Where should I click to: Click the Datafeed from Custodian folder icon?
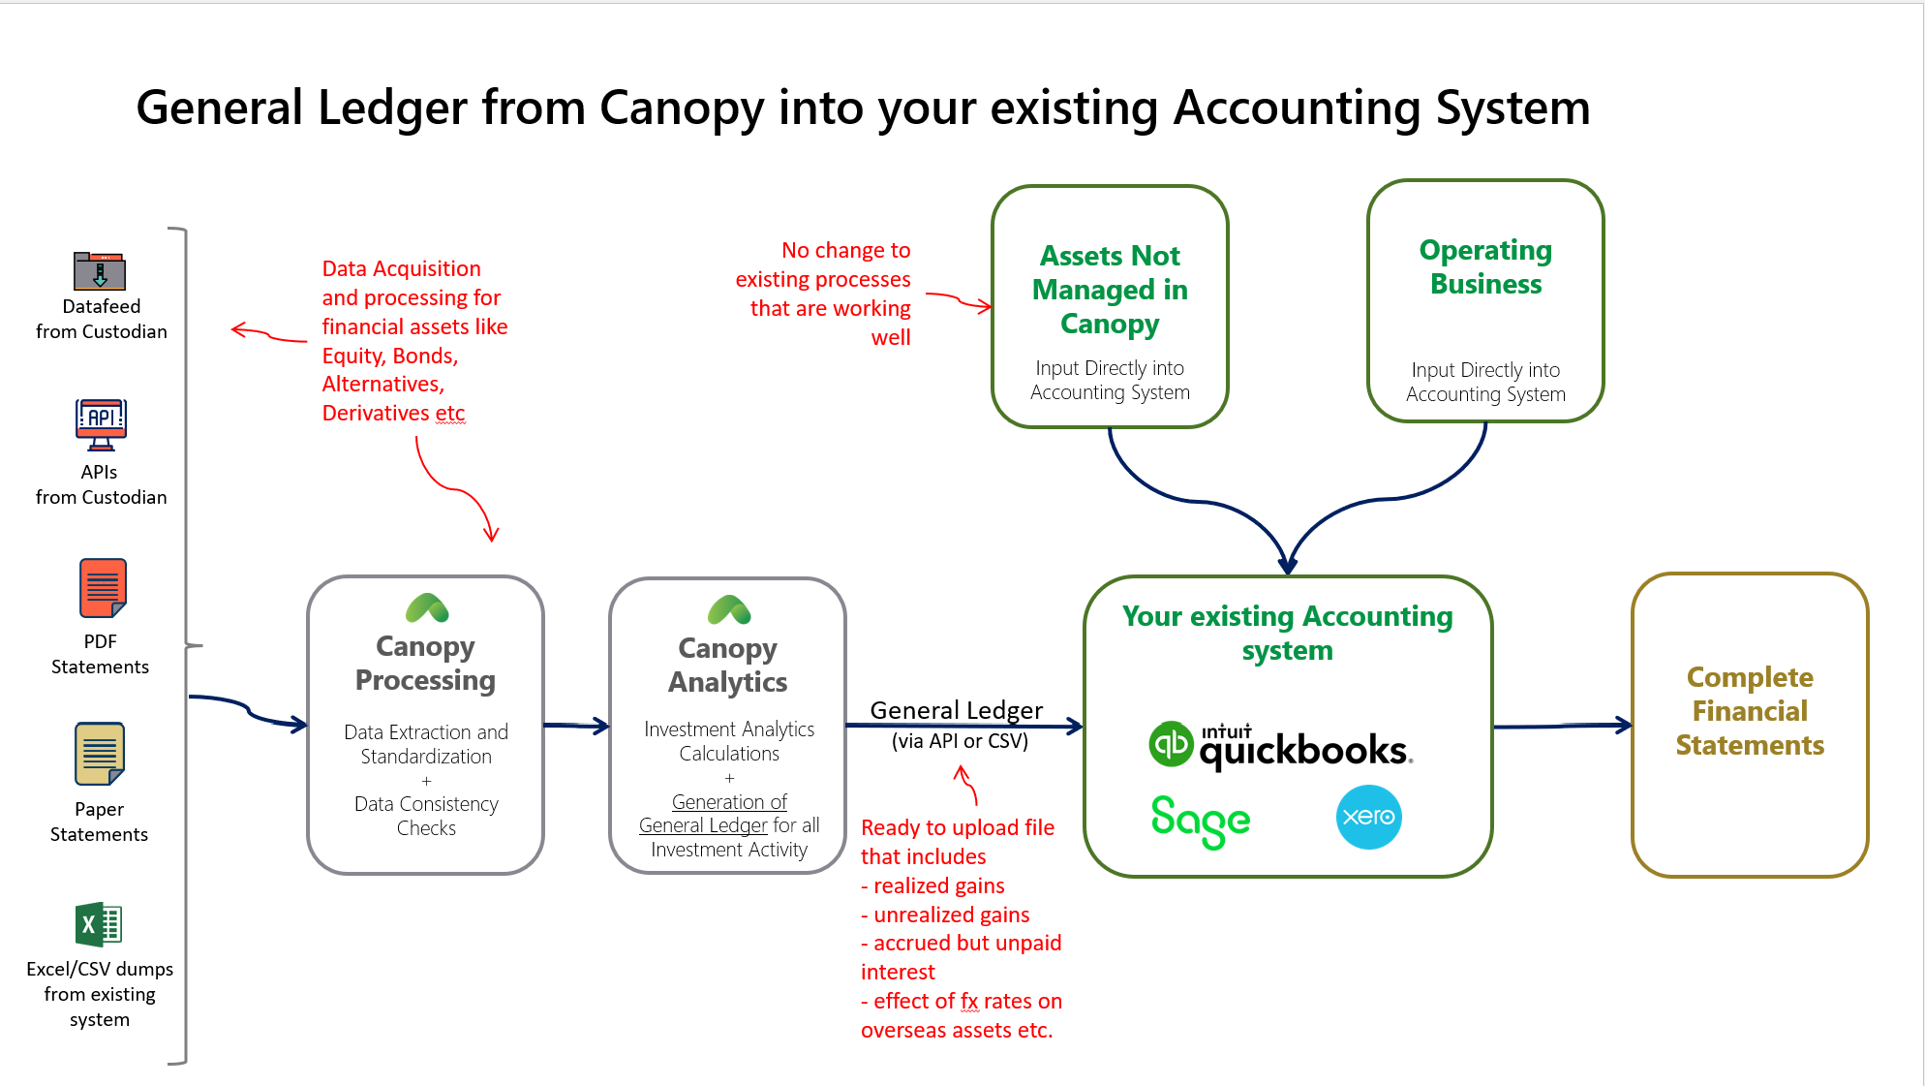(100, 271)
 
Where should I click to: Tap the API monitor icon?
(101, 424)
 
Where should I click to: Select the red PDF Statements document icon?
(103, 588)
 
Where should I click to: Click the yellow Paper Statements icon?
(100, 754)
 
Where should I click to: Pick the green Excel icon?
(99, 924)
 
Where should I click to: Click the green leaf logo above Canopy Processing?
(426, 608)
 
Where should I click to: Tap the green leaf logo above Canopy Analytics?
(729, 610)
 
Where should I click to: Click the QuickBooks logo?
(1280, 746)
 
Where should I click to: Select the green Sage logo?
(1200, 820)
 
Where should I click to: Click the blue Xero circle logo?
(1368, 817)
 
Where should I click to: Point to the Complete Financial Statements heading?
(1750, 711)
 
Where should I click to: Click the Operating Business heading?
(1485, 267)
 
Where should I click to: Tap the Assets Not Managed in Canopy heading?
(1110, 290)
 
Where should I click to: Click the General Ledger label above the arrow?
(956, 710)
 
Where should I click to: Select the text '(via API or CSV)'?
(960, 741)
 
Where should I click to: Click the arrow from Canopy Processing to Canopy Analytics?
(576, 725)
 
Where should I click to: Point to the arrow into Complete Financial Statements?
(1563, 726)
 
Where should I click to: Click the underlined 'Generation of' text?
(729, 802)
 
